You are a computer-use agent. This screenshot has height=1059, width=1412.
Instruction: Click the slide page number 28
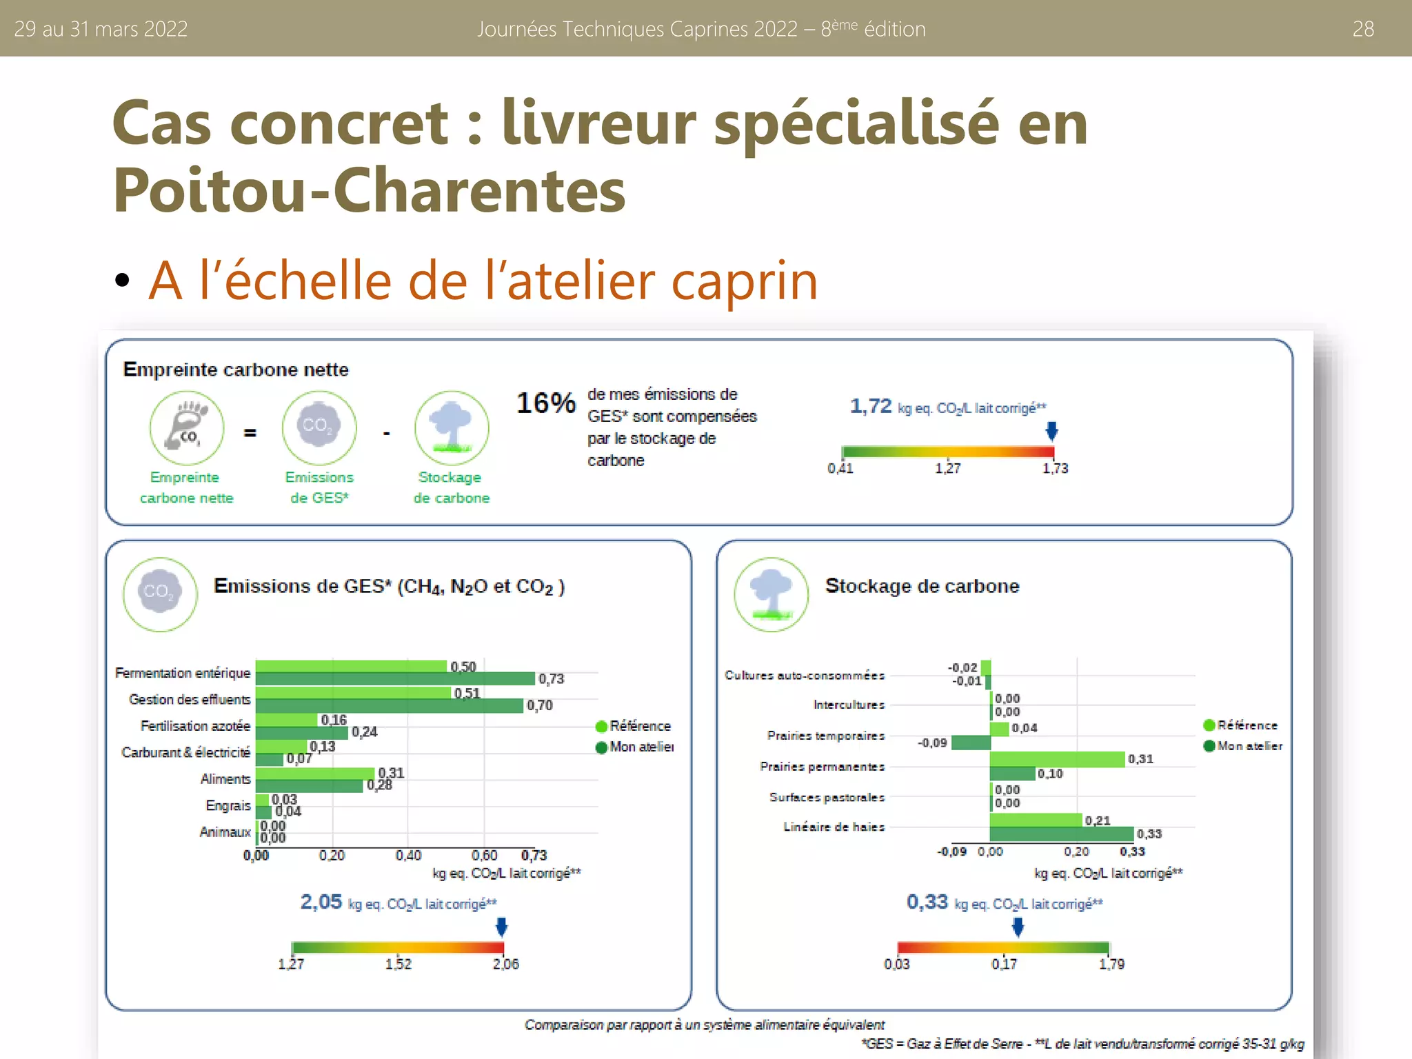tap(1362, 29)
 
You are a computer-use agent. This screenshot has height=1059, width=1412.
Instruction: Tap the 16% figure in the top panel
tap(546, 403)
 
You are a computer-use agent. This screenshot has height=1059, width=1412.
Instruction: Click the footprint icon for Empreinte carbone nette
tap(187, 428)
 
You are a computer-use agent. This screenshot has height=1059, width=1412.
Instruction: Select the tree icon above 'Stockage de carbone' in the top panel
tap(452, 428)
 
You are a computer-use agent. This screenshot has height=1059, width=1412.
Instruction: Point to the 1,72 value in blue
tap(871, 406)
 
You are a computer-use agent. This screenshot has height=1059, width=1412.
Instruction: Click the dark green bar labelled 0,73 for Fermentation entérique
tap(395, 679)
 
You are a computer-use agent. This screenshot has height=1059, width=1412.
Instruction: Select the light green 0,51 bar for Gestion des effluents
tap(353, 692)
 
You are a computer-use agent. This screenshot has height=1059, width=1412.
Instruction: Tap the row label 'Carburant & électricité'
tap(185, 752)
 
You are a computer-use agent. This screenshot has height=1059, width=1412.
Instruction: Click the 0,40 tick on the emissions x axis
tap(408, 856)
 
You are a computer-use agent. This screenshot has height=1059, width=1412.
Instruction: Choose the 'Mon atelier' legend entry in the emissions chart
tap(641, 747)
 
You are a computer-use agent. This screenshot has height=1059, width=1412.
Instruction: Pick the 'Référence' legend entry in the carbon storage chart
tap(1247, 725)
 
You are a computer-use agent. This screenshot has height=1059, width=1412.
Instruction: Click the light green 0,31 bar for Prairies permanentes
tap(1057, 759)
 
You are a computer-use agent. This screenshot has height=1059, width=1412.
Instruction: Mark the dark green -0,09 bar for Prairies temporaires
tap(971, 743)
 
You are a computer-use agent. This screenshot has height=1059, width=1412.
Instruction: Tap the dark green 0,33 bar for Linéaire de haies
tap(1061, 834)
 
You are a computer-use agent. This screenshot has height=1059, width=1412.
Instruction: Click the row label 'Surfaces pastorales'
tap(827, 797)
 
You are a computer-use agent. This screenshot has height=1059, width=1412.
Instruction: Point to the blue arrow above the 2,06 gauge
tap(502, 927)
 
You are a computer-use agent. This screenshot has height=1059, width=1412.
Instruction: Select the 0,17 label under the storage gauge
tap(1004, 964)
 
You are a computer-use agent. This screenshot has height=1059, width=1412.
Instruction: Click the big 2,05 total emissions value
tap(321, 902)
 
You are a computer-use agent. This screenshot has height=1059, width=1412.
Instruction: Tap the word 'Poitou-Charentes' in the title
tap(370, 190)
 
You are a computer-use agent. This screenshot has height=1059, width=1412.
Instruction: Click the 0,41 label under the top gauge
tap(840, 469)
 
